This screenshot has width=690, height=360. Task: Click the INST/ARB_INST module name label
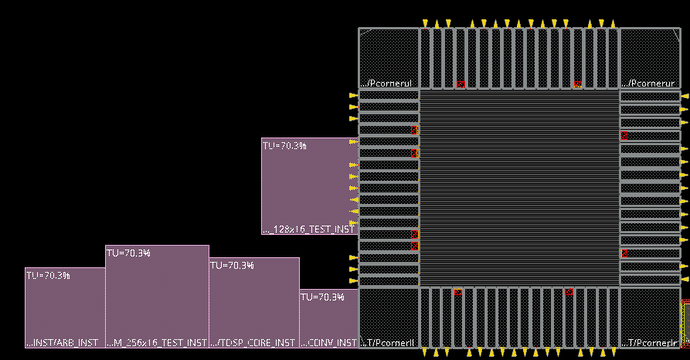pos(65,342)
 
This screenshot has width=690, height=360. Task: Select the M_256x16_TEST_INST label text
pos(157,342)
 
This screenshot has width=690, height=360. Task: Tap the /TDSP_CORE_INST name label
pos(254,342)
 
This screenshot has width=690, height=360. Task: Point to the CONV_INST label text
pos(329,342)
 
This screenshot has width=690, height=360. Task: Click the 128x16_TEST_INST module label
pos(309,229)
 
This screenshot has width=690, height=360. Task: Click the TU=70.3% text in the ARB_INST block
pos(48,275)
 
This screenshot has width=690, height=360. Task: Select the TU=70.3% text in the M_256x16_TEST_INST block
pos(128,253)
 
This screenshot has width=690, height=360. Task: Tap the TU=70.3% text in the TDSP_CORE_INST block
pos(232,265)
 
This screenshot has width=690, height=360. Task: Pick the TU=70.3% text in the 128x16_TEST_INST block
pos(284,145)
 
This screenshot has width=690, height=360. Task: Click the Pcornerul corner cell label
pos(389,83)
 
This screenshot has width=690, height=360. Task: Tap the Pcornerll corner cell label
pos(389,342)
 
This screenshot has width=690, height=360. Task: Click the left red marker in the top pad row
pos(461,84)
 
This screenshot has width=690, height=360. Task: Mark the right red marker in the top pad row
pos(578,84)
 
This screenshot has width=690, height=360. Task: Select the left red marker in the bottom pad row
pos(457,292)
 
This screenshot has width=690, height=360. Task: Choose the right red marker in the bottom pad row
pos(569,292)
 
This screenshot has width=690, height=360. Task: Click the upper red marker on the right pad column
pos(624,135)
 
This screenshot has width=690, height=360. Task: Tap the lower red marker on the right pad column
pos(624,253)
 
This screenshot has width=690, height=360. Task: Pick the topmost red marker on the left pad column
pos(414,130)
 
